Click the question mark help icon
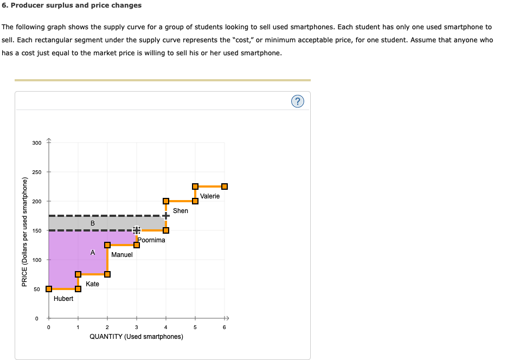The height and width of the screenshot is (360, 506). (297, 101)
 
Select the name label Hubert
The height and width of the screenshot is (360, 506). (63, 298)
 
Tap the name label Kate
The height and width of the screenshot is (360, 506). (92, 284)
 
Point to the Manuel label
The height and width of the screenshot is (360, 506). (121, 254)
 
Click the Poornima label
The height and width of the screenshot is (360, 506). (151, 240)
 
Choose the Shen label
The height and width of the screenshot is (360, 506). (181, 210)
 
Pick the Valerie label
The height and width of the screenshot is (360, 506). (210, 196)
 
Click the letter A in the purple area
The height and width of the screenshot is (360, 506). (93, 252)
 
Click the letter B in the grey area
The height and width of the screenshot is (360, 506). (93, 223)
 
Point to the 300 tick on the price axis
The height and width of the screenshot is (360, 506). (36, 143)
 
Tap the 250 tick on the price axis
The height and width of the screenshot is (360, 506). (36, 172)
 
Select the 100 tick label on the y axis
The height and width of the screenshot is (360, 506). (36, 260)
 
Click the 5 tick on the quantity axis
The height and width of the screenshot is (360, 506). (195, 327)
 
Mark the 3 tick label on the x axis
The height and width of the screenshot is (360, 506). (137, 327)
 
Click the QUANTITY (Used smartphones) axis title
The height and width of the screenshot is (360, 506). (136, 337)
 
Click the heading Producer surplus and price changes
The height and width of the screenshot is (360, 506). (72, 5)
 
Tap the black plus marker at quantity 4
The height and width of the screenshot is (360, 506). (166, 216)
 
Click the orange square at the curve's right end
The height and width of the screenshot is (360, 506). (225, 187)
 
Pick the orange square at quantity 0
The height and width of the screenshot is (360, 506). (49, 289)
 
